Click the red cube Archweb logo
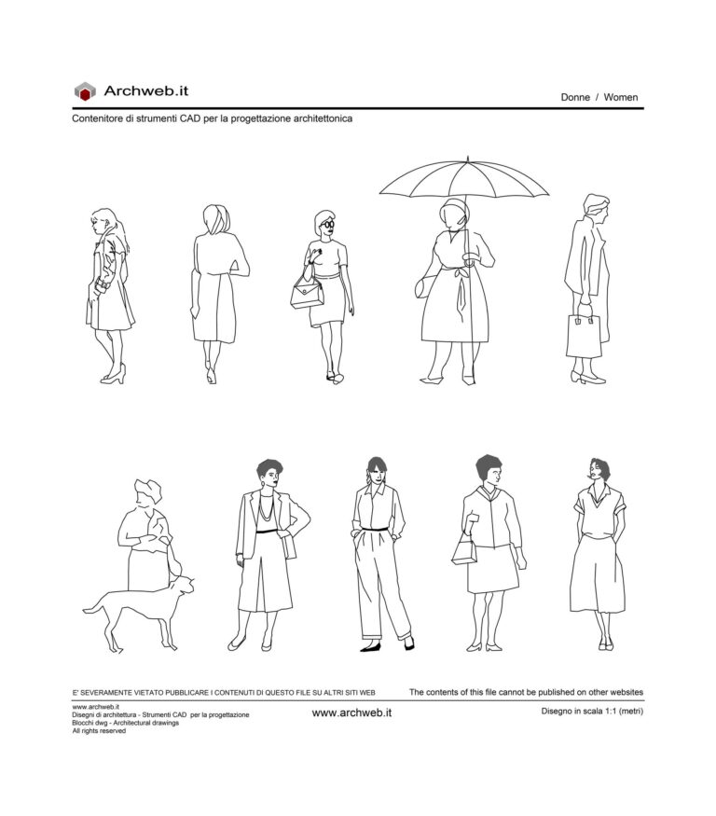[85, 91]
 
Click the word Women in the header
[621, 97]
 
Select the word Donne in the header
[575, 97]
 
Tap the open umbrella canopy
[463, 178]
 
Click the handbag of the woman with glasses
[307, 294]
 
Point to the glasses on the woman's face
[326, 225]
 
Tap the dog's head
[185, 585]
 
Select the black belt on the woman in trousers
[376, 529]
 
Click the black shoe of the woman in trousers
[371, 646]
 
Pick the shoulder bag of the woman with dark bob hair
[464, 551]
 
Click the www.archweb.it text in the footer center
[351, 712]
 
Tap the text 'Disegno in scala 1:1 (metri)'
[592, 712]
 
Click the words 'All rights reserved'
[99, 731]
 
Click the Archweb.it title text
[146, 90]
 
